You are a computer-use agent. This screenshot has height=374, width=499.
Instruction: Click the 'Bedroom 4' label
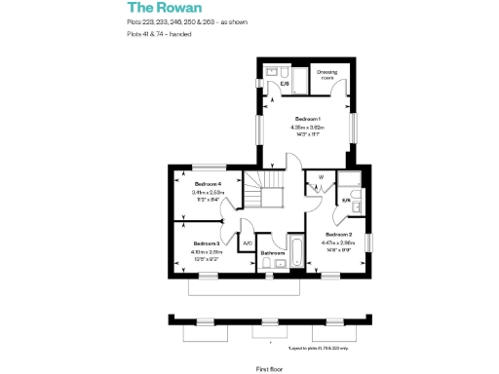(x=209, y=184)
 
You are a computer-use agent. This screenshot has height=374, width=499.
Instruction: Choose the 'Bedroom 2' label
(x=338, y=235)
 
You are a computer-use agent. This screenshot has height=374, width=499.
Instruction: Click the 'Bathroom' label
(x=272, y=253)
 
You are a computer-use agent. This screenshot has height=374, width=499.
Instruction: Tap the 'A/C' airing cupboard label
(x=248, y=243)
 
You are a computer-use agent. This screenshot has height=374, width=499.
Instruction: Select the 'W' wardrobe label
(x=320, y=177)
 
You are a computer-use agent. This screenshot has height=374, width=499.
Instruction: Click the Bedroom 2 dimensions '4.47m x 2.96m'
(x=338, y=243)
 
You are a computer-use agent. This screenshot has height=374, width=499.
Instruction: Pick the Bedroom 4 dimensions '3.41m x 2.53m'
(x=209, y=193)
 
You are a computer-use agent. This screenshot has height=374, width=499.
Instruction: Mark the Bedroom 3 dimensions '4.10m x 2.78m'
(x=207, y=250)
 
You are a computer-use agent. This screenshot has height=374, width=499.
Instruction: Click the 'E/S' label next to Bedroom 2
(x=346, y=201)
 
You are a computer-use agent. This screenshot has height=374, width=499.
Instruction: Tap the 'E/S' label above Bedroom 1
(x=285, y=84)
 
